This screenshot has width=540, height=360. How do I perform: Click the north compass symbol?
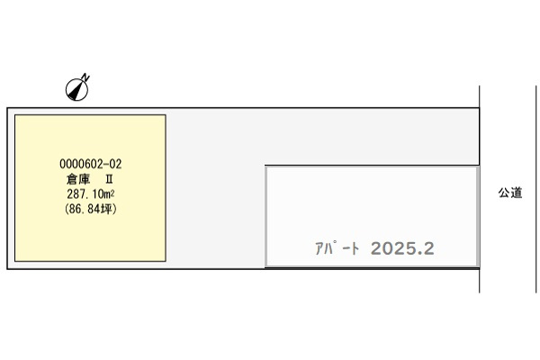point(76,89)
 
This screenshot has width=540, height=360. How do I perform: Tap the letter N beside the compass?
point(85,76)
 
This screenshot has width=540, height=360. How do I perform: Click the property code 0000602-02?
point(91,164)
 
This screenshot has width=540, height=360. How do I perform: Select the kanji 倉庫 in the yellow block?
point(78,179)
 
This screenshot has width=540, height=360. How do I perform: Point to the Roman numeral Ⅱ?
point(109,179)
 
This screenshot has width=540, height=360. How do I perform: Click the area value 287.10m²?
point(91,194)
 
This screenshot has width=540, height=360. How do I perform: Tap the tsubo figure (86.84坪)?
point(91,209)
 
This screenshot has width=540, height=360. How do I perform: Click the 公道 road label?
point(510,193)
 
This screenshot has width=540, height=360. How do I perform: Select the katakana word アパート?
point(337,248)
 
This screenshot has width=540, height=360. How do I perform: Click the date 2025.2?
point(402,248)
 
